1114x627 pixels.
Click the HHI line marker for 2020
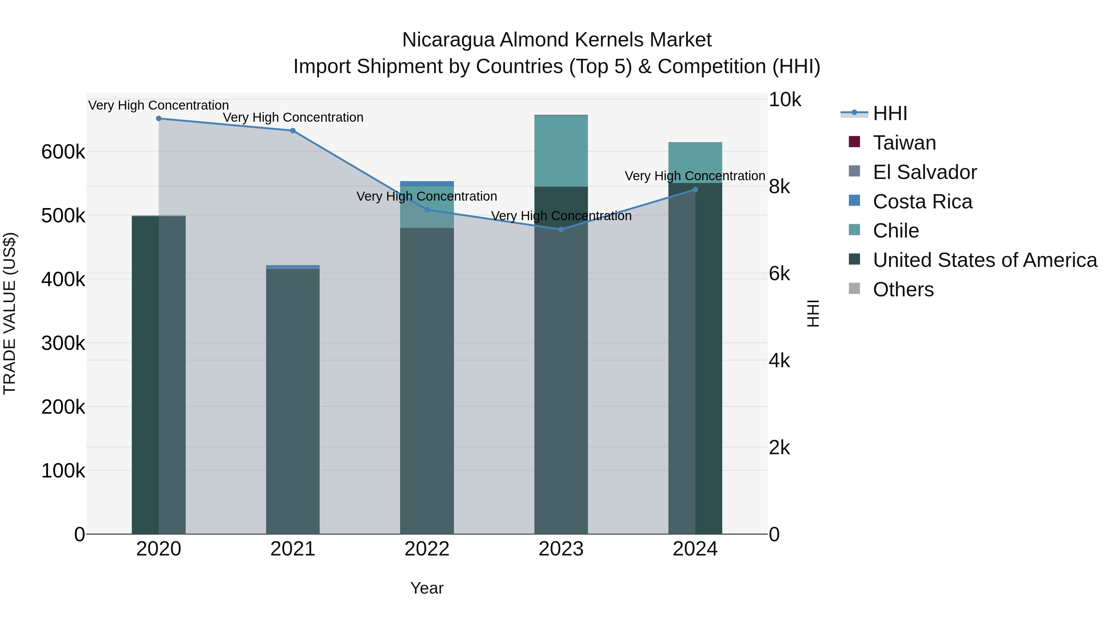pos(159,119)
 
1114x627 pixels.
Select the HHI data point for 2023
pos(561,229)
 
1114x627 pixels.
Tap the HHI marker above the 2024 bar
pos(695,189)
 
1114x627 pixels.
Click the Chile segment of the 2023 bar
pos(561,151)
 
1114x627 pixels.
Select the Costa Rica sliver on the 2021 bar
pos(293,267)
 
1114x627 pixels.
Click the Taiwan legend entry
pos(904,143)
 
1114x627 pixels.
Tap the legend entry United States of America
pos(984,260)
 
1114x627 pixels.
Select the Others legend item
pos(903,290)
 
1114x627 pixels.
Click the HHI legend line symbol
pos(854,113)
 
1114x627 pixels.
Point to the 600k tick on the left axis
pos(63,152)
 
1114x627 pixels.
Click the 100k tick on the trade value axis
pos(63,471)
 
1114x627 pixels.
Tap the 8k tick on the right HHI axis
pos(779,187)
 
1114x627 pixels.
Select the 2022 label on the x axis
pos(427,549)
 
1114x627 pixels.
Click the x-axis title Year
pos(427,588)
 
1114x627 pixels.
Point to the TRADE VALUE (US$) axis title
pos(10,313)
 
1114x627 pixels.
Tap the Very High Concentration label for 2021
pos(293,118)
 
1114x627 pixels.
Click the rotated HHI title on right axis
pos(813,313)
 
